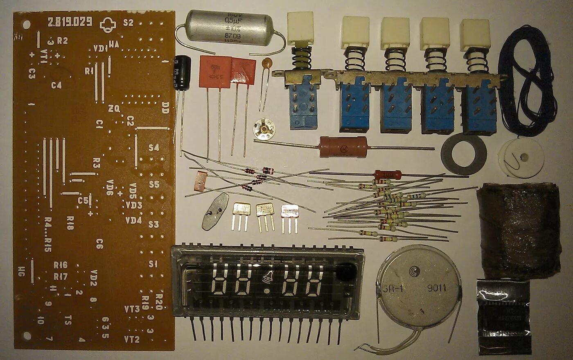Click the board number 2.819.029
[x=70, y=22]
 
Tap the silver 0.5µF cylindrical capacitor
[x=229, y=27]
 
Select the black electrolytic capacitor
[x=182, y=72]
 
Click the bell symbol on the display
[x=266, y=278]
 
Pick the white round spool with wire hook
[x=521, y=158]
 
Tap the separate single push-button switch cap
[x=300, y=28]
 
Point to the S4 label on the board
[x=153, y=148]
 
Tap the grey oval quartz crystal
[x=215, y=211]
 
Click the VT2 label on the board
[x=132, y=339]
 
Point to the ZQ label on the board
[x=114, y=109]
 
